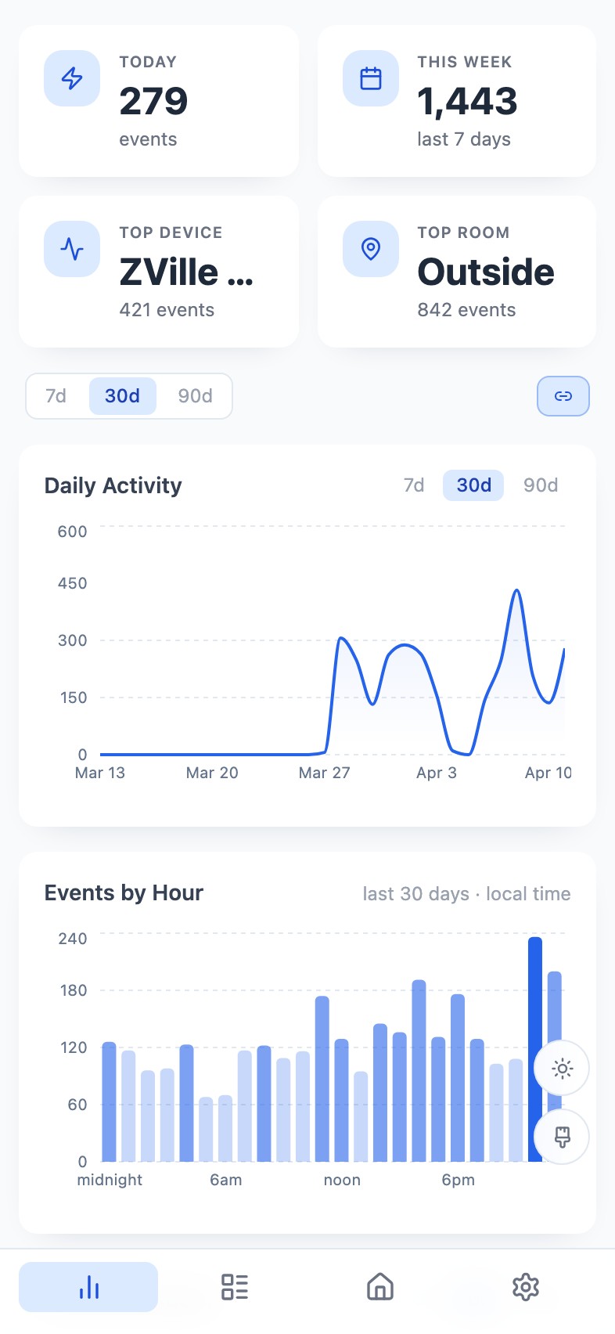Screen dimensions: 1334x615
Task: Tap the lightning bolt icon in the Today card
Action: click(72, 78)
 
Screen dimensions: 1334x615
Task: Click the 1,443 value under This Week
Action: click(467, 102)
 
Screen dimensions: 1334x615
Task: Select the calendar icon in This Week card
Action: click(371, 78)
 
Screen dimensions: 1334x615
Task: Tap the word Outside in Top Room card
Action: click(486, 272)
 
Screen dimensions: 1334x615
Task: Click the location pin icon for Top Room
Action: click(371, 249)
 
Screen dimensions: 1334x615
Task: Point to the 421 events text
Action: click(167, 310)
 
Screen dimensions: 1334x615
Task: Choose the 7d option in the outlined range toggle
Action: click(56, 396)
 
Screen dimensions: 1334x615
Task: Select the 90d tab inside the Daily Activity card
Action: click(541, 485)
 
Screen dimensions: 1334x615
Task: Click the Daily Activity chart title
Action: click(113, 485)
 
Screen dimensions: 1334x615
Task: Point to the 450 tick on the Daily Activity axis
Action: click(73, 583)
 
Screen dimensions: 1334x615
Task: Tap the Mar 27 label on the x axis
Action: click(324, 773)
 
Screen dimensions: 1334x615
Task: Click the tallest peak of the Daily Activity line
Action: click(516, 591)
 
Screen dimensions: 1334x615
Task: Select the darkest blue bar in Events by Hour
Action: click(535, 1049)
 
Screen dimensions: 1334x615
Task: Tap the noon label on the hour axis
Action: click(342, 1180)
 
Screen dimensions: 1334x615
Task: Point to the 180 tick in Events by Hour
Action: click(74, 990)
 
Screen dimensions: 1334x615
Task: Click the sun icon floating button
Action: click(562, 1068)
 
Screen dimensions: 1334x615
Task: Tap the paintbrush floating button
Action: click(562, 1137)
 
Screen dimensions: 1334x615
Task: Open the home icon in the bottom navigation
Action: click(380, 1286)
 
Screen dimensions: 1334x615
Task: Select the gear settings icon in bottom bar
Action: click(526, 1286)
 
